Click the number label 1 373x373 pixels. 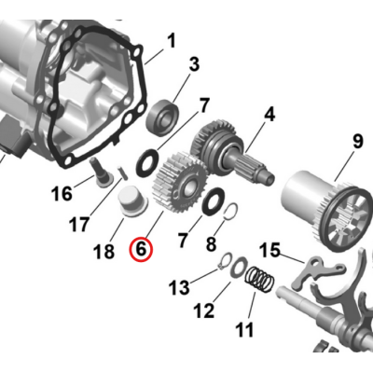[x=171, y=40]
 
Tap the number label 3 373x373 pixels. [x=194, y=64]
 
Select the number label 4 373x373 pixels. [x=269, y=115]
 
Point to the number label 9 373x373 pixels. [x=356, y=143]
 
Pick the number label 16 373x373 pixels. [x=61, y=194]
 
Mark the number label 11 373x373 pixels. [x=244, y=329]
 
